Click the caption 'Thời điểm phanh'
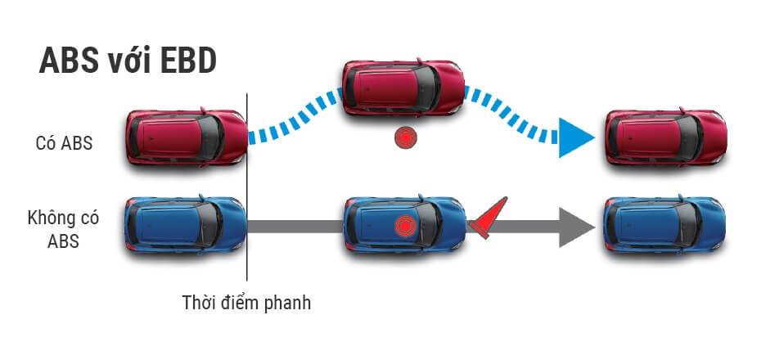click(x=246, y=303)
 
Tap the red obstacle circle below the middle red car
click(x=404, y=138)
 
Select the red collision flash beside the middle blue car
click(x=488, y=219)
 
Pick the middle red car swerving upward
click(x=403, y=87)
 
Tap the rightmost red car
click(x=664, y=137)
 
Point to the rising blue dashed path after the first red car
click(x=295, y=115)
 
